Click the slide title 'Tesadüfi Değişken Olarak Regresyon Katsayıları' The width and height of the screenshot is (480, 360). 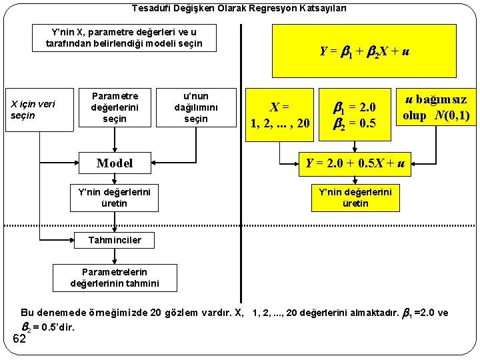(x=239, y=9)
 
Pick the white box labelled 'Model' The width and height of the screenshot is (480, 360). (x=115, y=163)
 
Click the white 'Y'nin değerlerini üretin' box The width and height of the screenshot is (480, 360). (x=115, y=197)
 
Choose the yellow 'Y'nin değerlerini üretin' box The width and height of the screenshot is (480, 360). (x=355, y=197)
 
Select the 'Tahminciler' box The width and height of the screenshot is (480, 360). (x=115, y=239)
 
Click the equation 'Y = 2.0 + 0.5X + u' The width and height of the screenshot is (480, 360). (x=355, y=162)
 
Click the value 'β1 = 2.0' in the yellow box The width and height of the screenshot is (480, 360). (x=355, y=107)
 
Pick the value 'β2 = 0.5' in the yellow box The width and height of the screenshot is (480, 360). (x=355, y=122)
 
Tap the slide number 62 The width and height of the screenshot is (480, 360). (x=19, y=339)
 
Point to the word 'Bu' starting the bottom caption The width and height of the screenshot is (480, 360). (x=27, y=313)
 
